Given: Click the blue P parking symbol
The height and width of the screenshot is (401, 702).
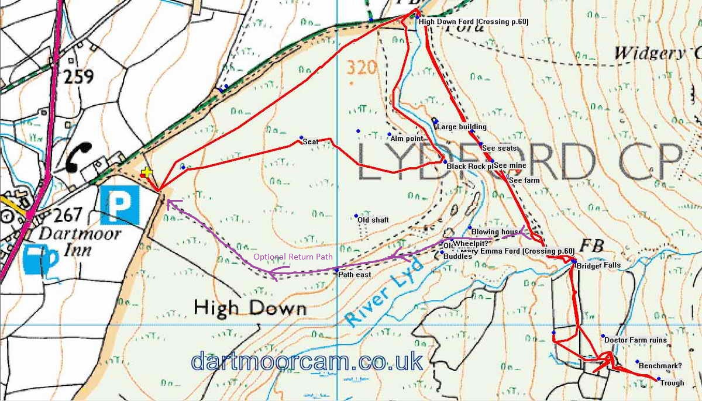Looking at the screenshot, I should [121, 206].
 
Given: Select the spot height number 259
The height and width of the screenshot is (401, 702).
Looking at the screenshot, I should [80, 75].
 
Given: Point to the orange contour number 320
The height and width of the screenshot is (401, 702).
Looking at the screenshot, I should [360, 68].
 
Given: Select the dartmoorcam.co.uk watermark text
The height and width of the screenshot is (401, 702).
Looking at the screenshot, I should [307, 361].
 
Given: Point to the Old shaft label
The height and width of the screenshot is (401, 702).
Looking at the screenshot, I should [373, 220].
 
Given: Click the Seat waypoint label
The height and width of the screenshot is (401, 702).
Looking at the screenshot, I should [310, 142].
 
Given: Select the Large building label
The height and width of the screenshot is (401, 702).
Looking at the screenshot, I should [462, 126].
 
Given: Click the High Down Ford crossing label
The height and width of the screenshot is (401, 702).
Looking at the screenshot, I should [474, 22].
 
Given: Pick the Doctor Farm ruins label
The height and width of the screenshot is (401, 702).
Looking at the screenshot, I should [635, 340].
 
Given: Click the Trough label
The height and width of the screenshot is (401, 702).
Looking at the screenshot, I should [672, 383].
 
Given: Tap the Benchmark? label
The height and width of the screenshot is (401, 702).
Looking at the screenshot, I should [660, 366].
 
